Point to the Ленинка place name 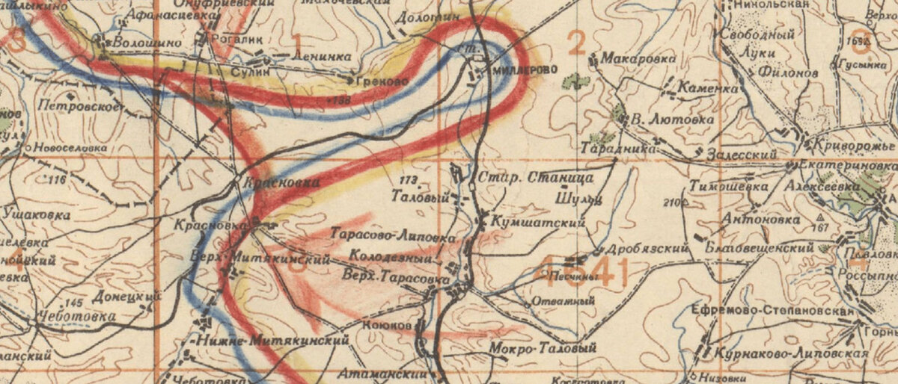coord(301,58)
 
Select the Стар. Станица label coord(536,178)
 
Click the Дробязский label coord(648,248)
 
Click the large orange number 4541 coord(583,273)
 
